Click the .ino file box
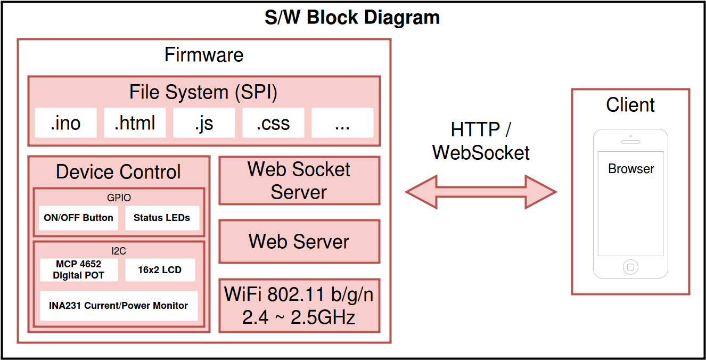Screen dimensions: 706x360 pos(65,123)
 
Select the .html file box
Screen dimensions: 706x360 pos(135,123)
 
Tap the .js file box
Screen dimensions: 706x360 pos(204,123)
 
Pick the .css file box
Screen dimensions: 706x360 pos(273,123)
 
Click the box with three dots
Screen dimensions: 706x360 pos(342,123)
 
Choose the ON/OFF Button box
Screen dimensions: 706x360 pos(78,218)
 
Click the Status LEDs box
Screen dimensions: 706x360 pos(162,218)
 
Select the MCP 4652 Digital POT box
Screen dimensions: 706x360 pos(79,270)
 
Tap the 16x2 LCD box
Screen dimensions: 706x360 pos(160,270)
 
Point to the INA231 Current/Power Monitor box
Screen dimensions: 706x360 pos(119,306)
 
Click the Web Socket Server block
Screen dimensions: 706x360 pos(299,181)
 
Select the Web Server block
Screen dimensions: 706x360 pos(299,241)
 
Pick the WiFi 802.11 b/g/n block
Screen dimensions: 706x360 pos(299,306)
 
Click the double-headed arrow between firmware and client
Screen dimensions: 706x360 pos(481,192)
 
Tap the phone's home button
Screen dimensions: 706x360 pos(631,267)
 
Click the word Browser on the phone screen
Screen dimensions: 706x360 pos(631,169)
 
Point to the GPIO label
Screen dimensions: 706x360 pos(119,198)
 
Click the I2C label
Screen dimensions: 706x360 pos(119,251)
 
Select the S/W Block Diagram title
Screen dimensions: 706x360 pos(352,17)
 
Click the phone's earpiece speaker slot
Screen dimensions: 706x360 pos(631,142)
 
